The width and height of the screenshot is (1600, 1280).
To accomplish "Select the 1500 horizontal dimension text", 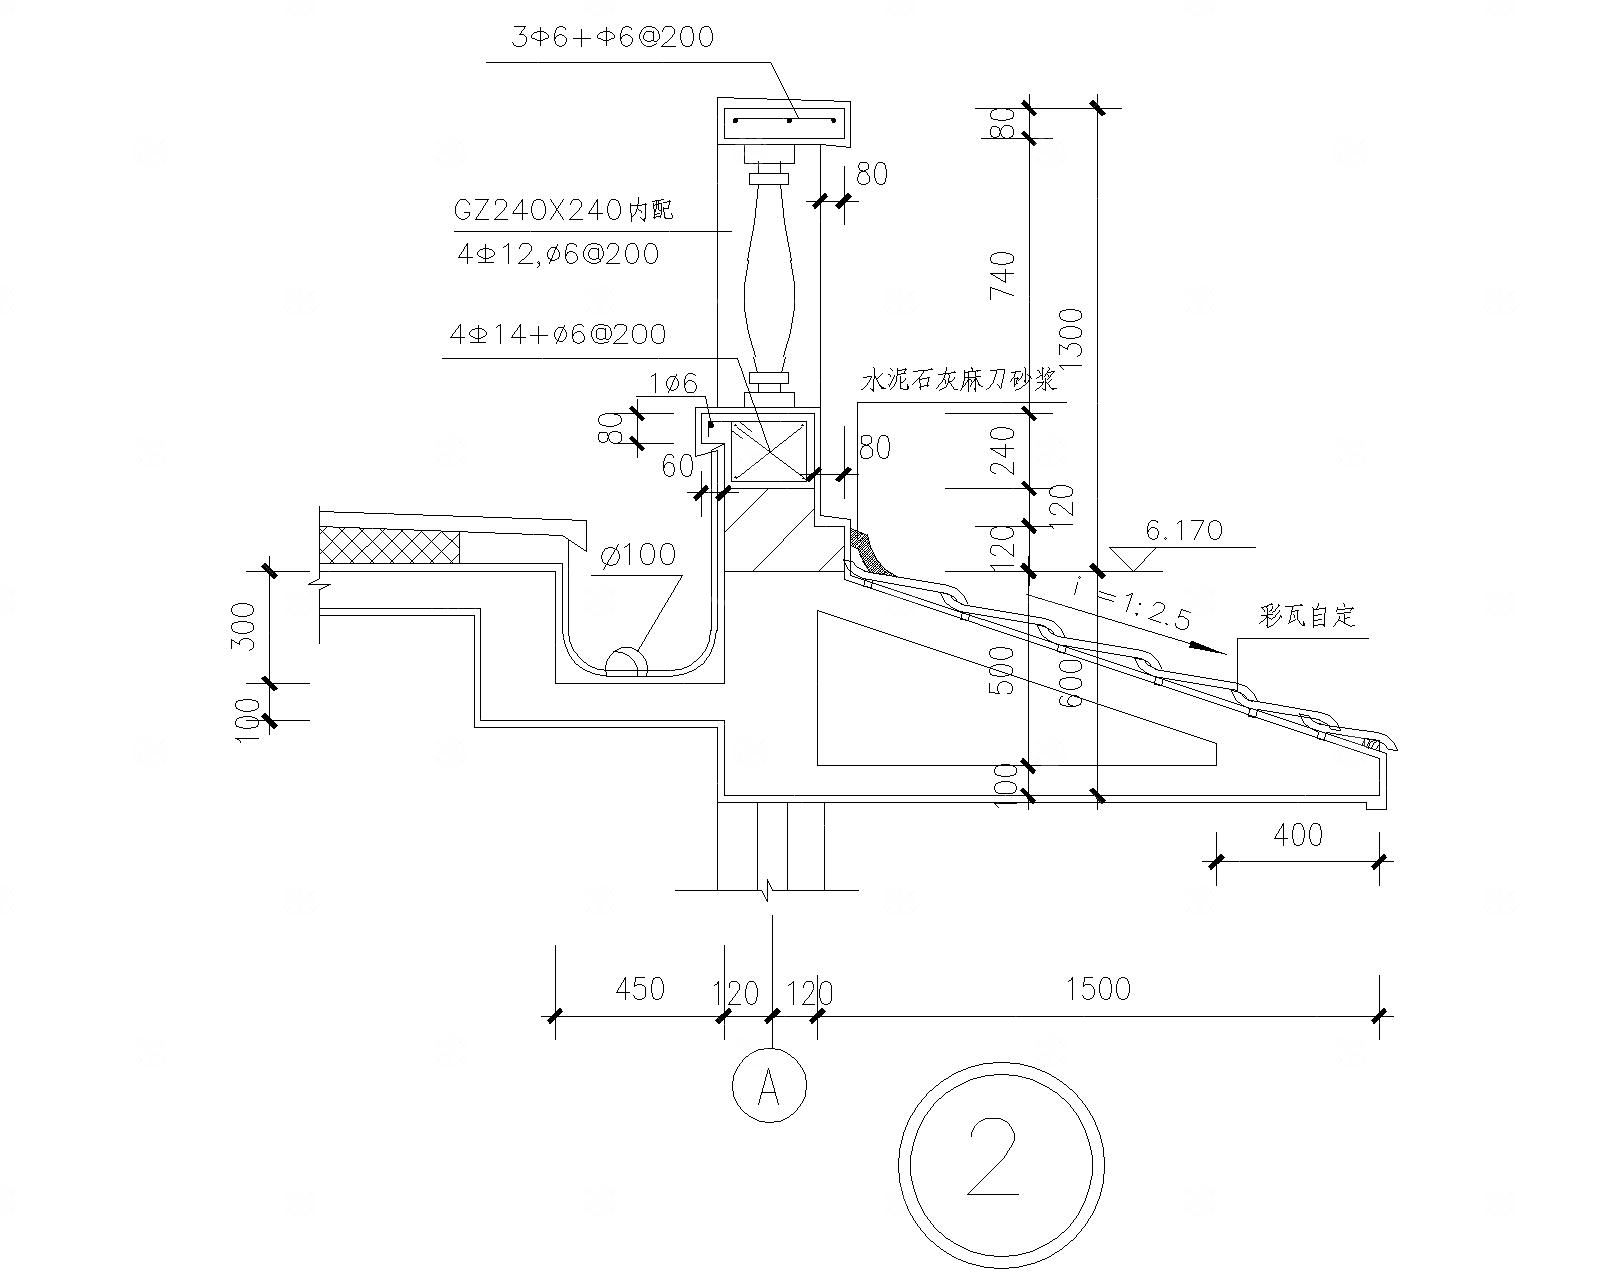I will pos(1098,989).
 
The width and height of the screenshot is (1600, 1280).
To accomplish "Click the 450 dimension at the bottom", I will pos(639,989).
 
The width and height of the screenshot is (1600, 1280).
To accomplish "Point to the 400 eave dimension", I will pos(1299,834).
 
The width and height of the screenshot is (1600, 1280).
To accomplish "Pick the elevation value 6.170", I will pos(1184,530).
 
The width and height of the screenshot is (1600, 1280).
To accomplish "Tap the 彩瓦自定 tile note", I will pos(1307,616).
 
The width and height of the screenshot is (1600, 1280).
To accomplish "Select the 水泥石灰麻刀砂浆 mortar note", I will pos(959,382).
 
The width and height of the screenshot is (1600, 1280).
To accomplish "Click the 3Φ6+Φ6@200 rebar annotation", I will pos(612,38).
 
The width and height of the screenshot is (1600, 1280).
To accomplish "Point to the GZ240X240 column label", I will pos(564,210).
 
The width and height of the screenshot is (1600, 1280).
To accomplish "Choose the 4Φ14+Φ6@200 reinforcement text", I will pos(558,334).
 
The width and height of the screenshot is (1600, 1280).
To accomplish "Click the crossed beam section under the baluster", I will pos(768,450).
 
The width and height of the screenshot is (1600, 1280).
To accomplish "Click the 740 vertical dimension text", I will pos(1003,276).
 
